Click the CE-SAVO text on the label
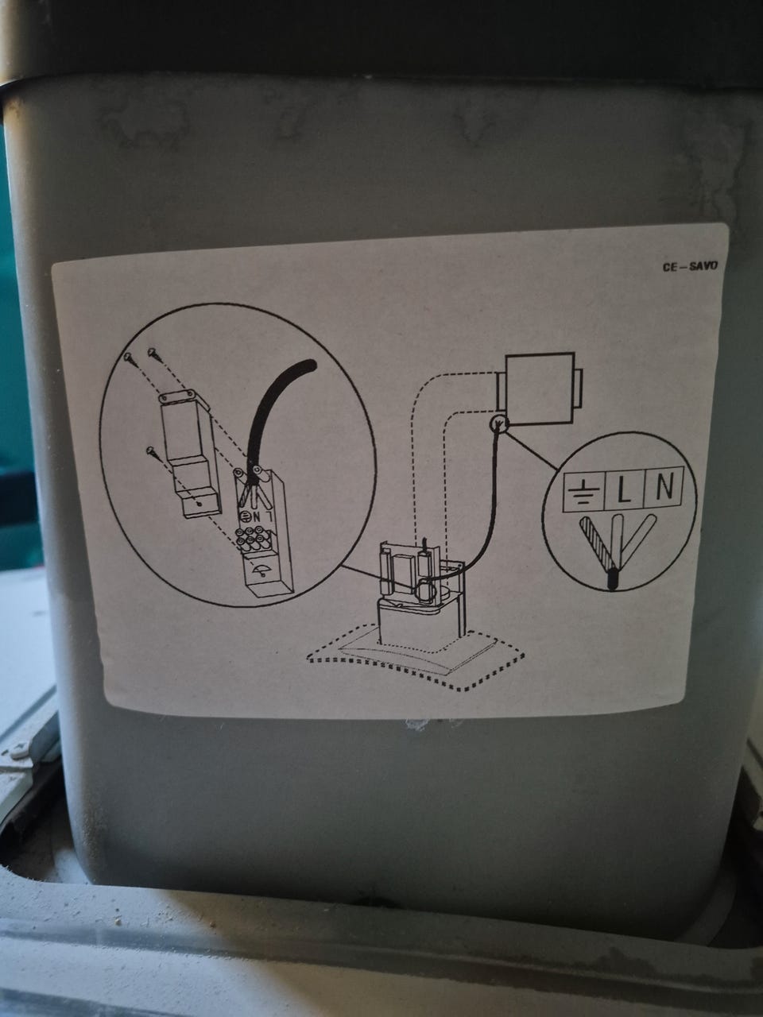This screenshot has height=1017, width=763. pos(691,266)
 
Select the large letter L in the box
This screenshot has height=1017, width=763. pos(623,490)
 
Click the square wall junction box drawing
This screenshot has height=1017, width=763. pos(538,389)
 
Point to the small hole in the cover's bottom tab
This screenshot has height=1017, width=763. pos(199,504)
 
